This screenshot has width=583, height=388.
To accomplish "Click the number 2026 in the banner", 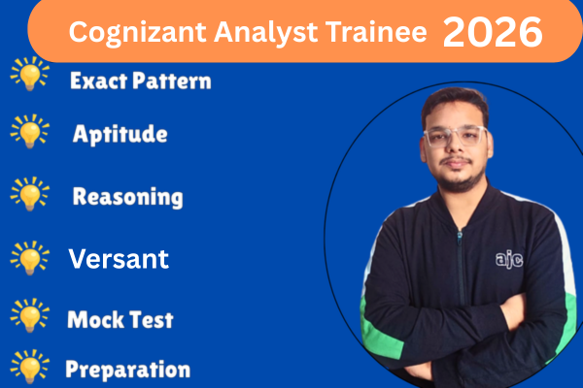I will point(493,32).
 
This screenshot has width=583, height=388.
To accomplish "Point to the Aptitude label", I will point(120,135).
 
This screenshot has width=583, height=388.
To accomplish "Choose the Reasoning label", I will point(127,197).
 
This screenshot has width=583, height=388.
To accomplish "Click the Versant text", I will point(119,259).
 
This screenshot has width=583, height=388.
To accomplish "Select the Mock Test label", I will point(120,318).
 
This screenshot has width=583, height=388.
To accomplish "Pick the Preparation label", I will point(127,370).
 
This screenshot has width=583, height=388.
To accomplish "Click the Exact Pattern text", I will point(140,81).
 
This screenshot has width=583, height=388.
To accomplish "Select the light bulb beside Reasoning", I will point(29,195).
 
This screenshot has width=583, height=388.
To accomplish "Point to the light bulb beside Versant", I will point(29,258).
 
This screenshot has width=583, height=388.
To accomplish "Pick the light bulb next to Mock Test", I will point(29,316).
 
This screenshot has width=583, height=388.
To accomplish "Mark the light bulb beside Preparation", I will point(29,369).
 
